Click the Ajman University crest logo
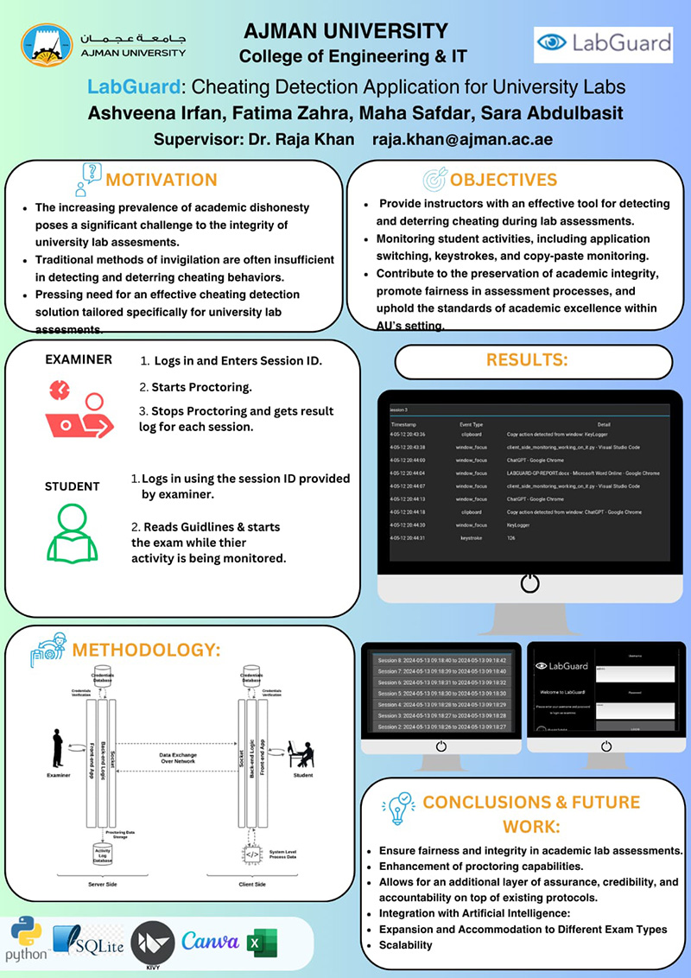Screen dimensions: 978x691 (47, 45)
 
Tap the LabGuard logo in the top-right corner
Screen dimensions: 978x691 (603, 42)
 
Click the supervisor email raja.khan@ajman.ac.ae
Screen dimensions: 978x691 (462, 139)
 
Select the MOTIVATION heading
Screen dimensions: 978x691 (161, 180)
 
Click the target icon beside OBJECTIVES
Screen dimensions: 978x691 (434, 179)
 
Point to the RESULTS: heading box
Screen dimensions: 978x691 (532, 361)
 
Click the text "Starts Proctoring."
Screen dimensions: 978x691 (201, 386)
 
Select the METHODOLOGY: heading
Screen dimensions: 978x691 (147, 649)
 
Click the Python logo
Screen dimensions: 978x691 (26, 940)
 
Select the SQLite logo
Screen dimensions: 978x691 (88, 941)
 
